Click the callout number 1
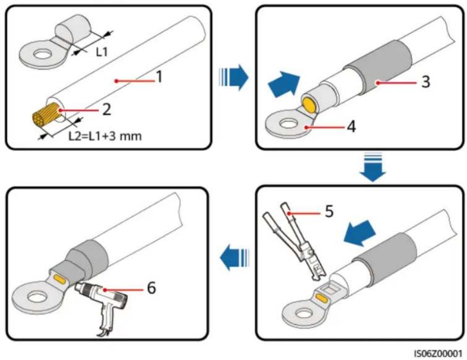[160, 77]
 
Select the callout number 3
[426, 81]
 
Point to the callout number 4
[352, 127]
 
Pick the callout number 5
[329, 211]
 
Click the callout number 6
[151, 288]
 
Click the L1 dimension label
[102, 52]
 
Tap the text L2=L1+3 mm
[105, 136]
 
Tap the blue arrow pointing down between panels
[372, 167]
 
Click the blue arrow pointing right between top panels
[234, 77]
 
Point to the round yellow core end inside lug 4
[309, 105]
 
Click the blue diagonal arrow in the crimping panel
[359, 233]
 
